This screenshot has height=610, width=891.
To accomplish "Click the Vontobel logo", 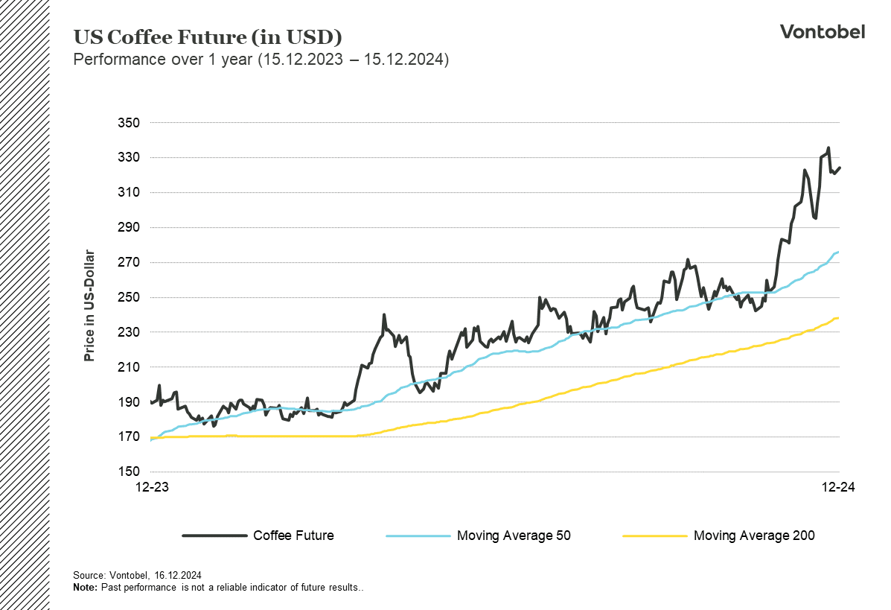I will tap(822, 31).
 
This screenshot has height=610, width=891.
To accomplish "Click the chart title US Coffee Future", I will tap(208, 37).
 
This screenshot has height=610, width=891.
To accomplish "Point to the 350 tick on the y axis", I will tap(130, 123).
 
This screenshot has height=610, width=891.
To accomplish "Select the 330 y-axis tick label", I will tap(130, 158).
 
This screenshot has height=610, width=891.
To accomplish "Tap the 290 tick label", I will tap(130, 227).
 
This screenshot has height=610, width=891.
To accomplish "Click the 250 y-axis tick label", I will tap(130, 297).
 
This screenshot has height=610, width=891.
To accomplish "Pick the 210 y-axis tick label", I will tap(130, 367).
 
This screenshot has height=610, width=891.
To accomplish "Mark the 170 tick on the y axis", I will tap(130, 437).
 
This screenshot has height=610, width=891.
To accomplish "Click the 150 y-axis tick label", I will tap(130, 471).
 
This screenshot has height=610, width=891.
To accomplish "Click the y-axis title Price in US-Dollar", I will tap(89, 305).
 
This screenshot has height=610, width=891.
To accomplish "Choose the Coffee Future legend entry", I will tap(293, 536).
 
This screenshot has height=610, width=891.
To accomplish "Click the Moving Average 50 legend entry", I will tap(514, 536).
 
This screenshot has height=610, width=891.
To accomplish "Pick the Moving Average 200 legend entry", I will tap(753, 536).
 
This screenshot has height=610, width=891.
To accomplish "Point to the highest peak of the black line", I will tap(828, 148).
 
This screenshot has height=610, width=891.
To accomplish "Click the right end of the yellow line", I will tap(838, 318).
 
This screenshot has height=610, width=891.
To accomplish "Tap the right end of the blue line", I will tap(838, 252).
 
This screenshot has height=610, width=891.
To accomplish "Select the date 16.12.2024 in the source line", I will tap(178, 576).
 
